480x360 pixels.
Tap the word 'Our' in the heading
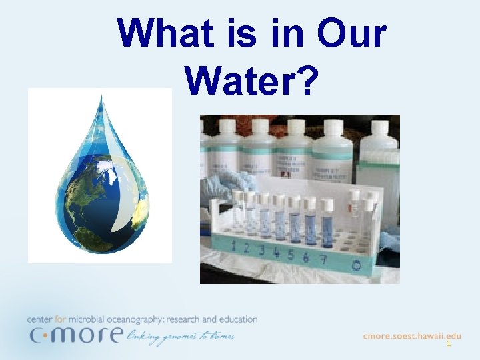tap(352, 33)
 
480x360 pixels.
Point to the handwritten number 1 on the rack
tap(233, 246)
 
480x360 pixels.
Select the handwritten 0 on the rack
tap(357, 265)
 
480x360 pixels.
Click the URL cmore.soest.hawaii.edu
tap(412, 336)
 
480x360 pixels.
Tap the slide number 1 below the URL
tap(449, 345)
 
